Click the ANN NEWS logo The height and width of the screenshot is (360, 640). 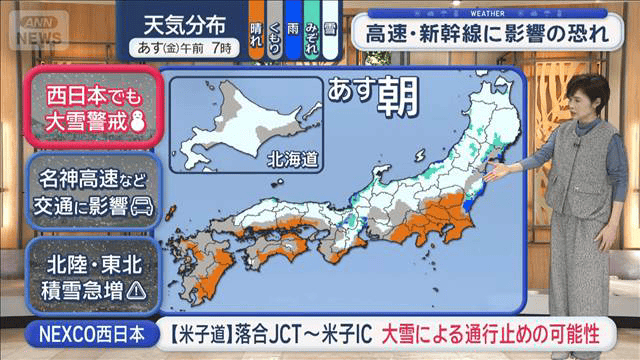click(x=37, y=28)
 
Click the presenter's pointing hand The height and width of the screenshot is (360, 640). click(x=499, y=171)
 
